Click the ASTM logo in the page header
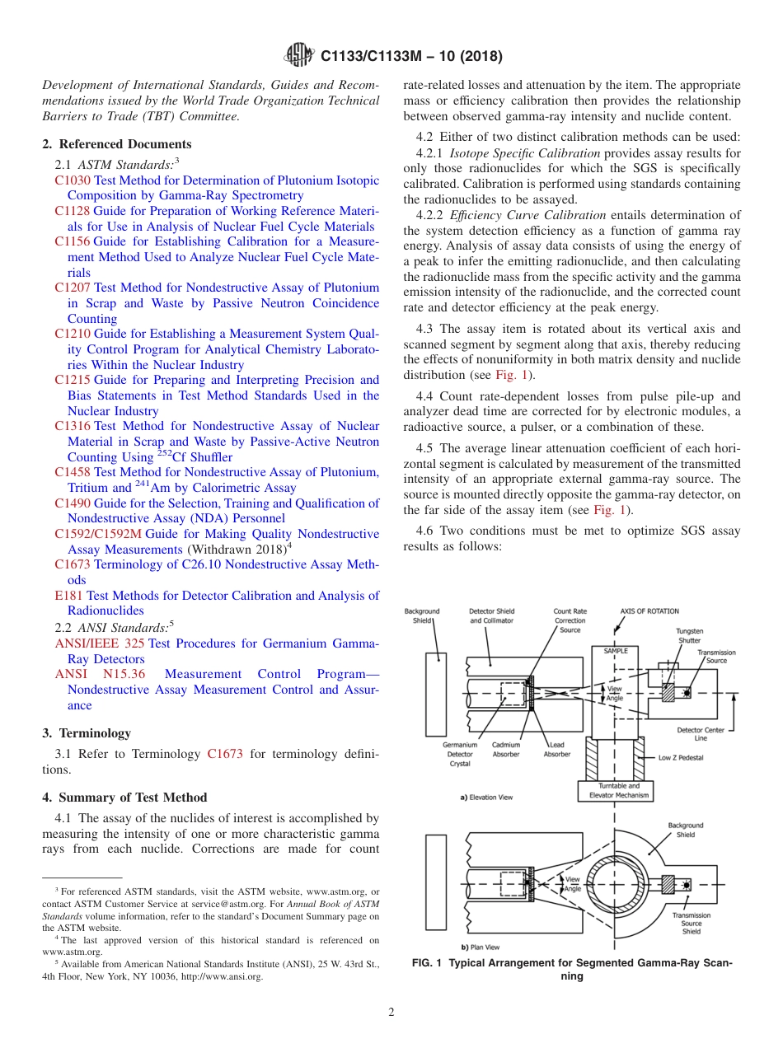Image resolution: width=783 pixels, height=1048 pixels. [x=298, y=55]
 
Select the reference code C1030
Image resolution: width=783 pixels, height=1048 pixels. [x=73, y=180]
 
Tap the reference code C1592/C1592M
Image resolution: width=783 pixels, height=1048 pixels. [x=98, y=534]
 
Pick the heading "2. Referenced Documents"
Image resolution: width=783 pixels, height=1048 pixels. [x=117, y=144]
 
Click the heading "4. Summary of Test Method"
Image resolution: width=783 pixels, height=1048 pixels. [x=124, y=798]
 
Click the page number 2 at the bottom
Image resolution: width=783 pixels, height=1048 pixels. [x=391, y=1013]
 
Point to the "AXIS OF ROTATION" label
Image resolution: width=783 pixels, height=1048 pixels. [x=649, y=611]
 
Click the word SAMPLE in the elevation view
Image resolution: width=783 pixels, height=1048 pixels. [x=616, y=651]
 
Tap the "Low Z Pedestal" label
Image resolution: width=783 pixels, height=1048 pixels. [x=681, y=757]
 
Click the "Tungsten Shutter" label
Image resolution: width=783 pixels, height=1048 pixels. [x=689, y=635]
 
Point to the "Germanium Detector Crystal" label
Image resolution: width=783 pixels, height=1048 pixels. [x=459, y=754]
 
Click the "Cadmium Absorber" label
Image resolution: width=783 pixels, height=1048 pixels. [x=506, y=750]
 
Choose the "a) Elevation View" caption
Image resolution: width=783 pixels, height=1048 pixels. [x=486, y=798]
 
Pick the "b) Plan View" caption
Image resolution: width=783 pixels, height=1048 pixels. [x=480, y=947]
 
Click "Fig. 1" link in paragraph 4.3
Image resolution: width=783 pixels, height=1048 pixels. [x=507, y=375]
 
